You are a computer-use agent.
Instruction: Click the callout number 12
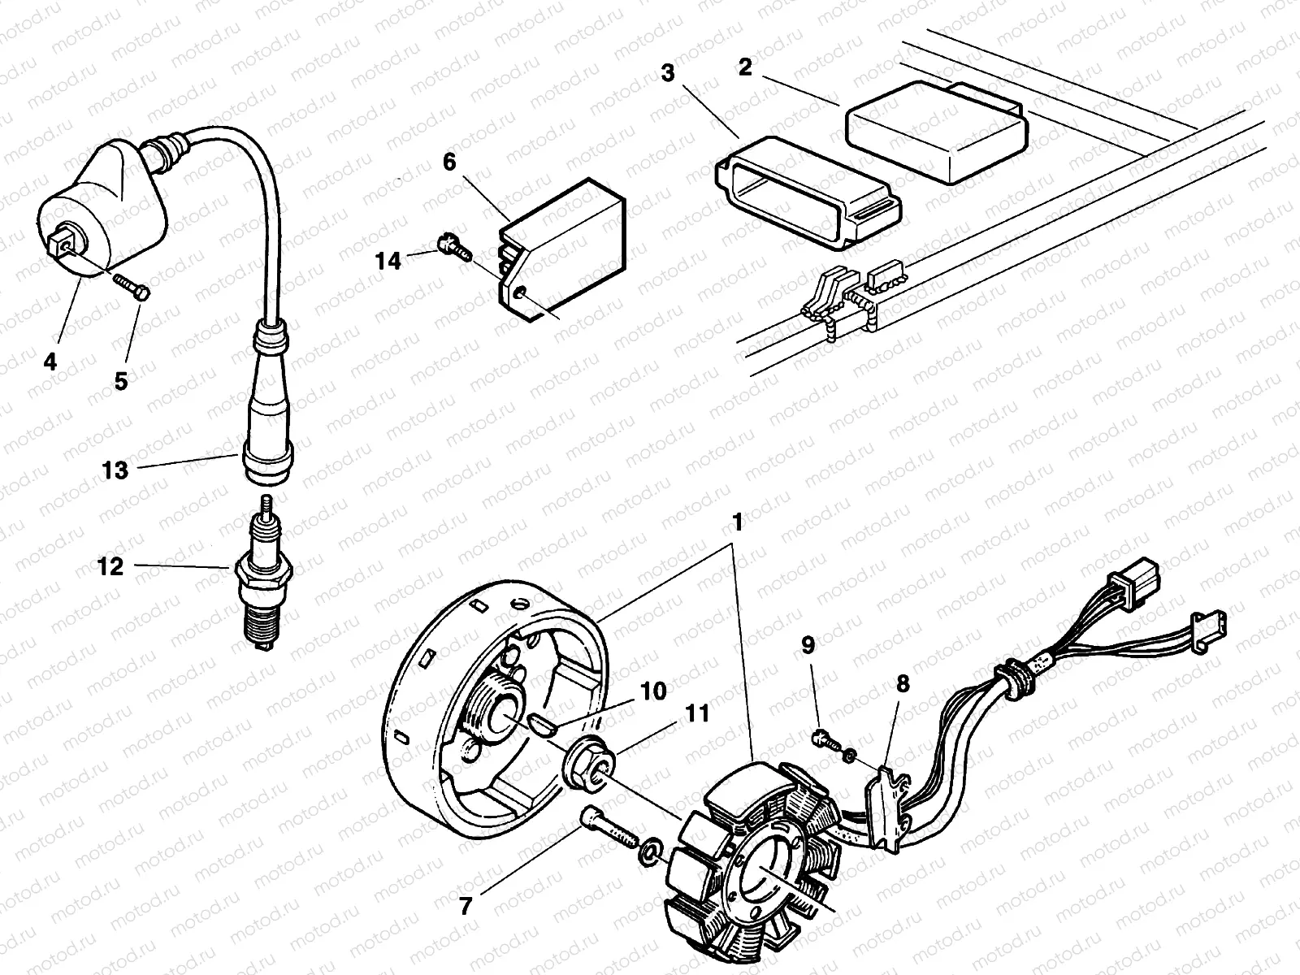coord(110,566)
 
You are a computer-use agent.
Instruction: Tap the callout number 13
coord(116,470)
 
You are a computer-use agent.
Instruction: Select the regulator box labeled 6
coord(569,244)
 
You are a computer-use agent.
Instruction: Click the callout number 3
coord(667,74)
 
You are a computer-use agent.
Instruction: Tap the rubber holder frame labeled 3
coord(804,191)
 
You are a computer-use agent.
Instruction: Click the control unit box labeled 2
coord(934,130)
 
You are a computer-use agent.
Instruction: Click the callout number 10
coord(652,691)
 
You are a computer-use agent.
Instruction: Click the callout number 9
coord(808,645)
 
